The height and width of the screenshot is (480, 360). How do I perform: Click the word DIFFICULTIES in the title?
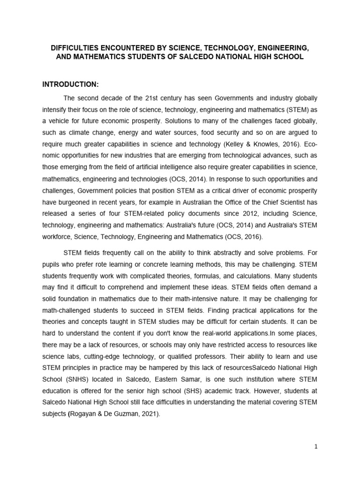[74, 48]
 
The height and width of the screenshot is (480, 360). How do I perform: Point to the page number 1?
[316, 447]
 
